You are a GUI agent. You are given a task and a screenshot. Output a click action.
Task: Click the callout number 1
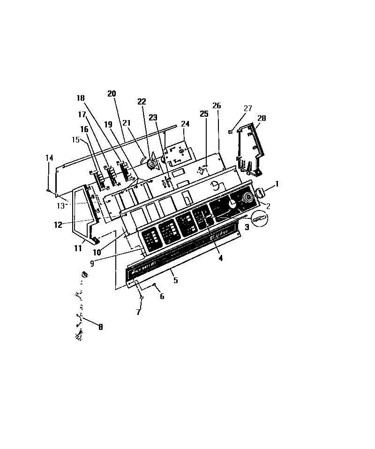[x=277, y=184]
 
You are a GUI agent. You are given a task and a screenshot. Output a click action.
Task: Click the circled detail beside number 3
[x=261, y=217]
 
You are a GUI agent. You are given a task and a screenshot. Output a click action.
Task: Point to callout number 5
[x=175, y=281]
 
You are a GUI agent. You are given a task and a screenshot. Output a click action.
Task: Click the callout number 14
[x=49, y=158]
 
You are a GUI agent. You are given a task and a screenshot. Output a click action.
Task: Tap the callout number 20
[x=112, y=94]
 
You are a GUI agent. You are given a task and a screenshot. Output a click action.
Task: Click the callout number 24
[x=186, y=124]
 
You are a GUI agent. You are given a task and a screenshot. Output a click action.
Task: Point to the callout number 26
[x=217, y=106]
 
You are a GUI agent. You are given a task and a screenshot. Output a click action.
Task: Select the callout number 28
[x=262, y=119]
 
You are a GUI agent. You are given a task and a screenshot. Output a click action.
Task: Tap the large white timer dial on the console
[x=232, y=203]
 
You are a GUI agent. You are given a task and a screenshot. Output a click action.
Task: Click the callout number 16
[x=84, y=129]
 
